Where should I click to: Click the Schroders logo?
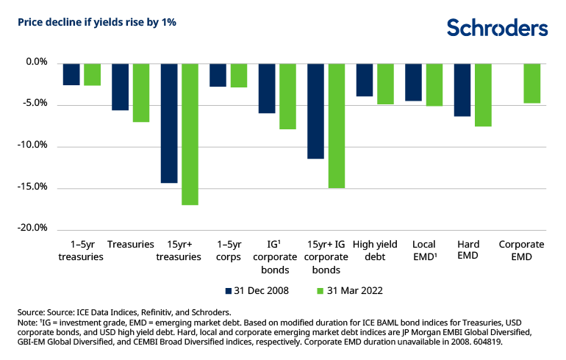498,28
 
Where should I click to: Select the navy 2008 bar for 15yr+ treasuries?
169,123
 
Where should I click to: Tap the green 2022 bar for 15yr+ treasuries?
190,134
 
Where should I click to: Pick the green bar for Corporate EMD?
531,84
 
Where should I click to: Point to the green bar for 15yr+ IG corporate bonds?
337,126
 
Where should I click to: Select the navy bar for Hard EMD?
462,90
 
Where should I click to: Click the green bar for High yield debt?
385,84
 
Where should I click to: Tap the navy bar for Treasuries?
120,87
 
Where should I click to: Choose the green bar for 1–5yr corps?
239,76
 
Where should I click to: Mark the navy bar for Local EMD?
413,82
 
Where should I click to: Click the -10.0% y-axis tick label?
32,145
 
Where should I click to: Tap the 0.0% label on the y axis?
35,63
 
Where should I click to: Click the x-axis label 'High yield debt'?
375,251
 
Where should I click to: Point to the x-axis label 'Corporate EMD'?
521,251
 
